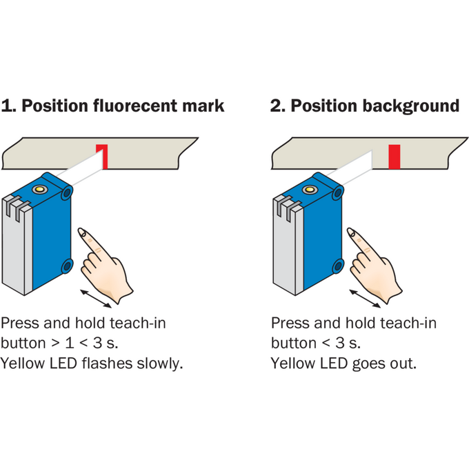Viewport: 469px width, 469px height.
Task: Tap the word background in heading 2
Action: pos(410,106)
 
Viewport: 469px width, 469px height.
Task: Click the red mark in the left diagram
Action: pos(103,157)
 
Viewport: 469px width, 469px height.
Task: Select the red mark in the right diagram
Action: pos(395,157)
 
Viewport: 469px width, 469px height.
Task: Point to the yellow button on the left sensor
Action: pos(40,189)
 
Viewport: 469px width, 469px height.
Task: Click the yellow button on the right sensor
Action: pos(310,190)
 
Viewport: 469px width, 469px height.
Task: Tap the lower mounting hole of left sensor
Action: pos(67,266)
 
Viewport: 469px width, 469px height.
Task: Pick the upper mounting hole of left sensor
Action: pos(67,193)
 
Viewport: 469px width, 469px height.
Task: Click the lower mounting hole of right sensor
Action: pos(338,266)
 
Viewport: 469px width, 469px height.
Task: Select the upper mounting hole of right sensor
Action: pos(338,193)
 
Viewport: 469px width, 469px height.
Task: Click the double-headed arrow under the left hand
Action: pos(96,298)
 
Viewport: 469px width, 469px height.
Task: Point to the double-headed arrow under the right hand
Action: pos(365,298)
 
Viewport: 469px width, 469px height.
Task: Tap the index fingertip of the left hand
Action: pos(81,231)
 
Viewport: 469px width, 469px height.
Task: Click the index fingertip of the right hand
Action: pos(350,231)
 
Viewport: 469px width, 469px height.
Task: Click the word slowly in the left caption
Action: pos(160,363)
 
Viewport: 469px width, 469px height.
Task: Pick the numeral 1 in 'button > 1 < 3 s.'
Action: pos(70,343)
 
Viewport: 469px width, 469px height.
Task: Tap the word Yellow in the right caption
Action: pos(292,363)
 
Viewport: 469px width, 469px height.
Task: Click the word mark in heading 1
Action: pos(203,106)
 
